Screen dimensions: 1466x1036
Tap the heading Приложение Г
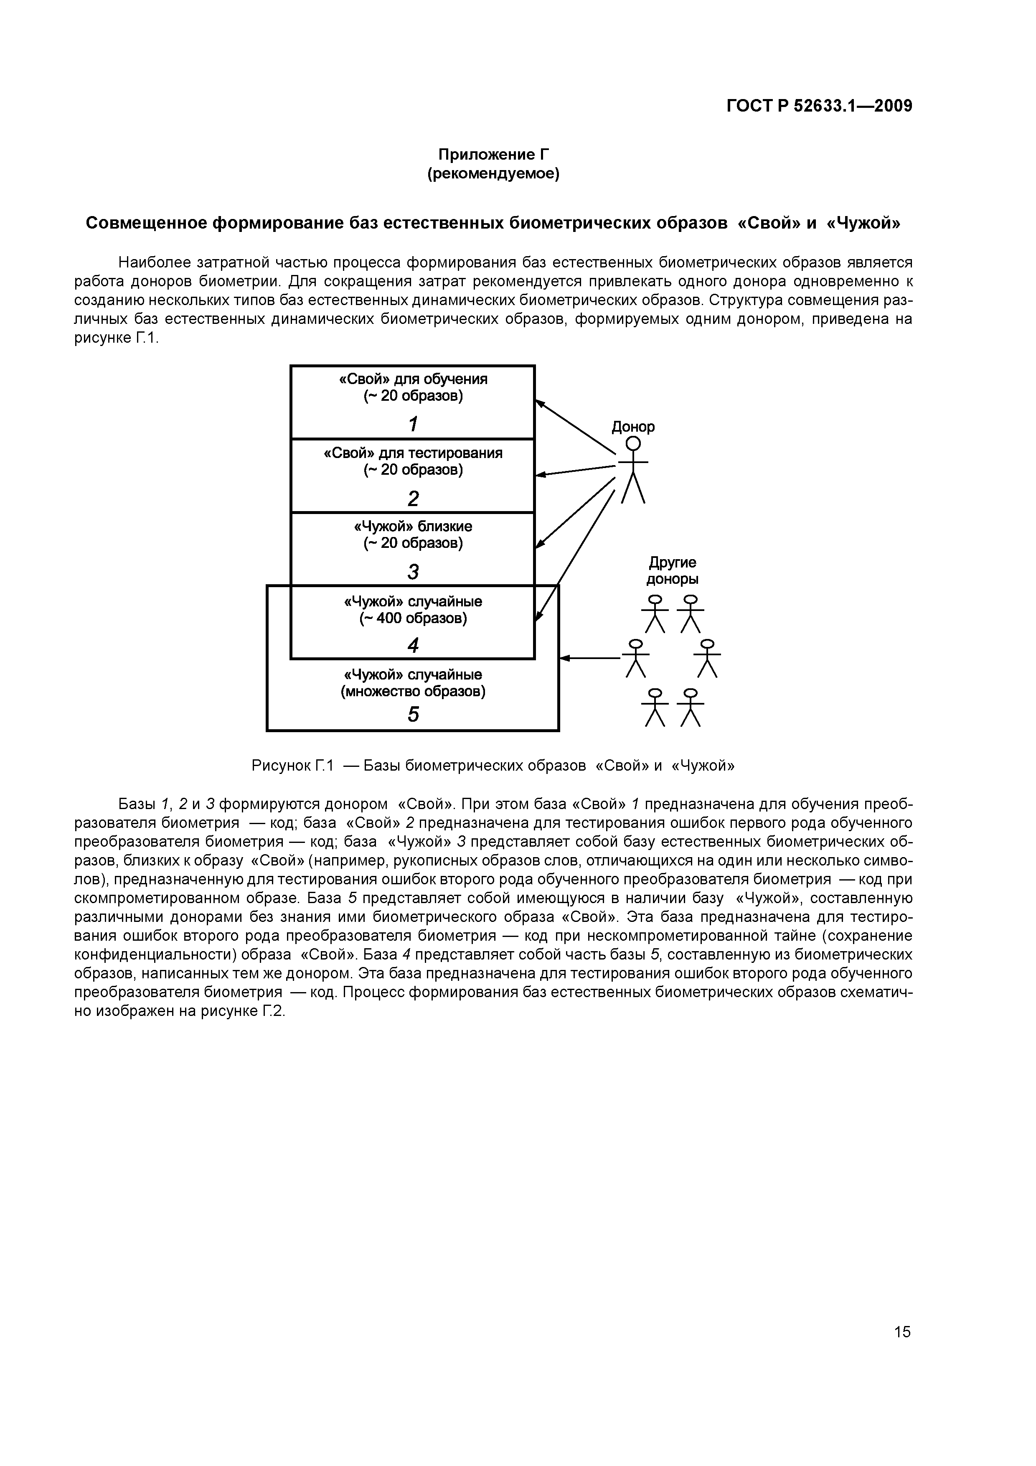pyautogui.click(x=493, y=155)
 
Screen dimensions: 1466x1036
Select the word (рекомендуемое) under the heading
pyautogui.click(x=493, y=174)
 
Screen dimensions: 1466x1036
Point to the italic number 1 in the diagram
pyautogui.click(x=413, y=423)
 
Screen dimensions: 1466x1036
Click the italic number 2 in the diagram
pyautogui.click(x=413, y=498)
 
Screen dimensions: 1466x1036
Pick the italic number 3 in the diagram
pyautogui.click(x=413, y=571)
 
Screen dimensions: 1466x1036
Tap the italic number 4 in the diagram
pyautogui.click(x=413, y=646)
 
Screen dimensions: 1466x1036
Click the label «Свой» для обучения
pyautogui.click(x=413, y=379)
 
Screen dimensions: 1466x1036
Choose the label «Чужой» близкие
pyautogui.click(x=413, y=527)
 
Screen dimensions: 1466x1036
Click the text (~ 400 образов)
pyautogui.click(x=413, y=618)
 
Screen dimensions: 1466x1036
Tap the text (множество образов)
pyautogui.click(x=413, y=692)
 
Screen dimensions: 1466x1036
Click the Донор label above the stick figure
pyautogui.click(x=632, y=427)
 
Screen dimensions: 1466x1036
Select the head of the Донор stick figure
pyautogui.click(x=632, y=443)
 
